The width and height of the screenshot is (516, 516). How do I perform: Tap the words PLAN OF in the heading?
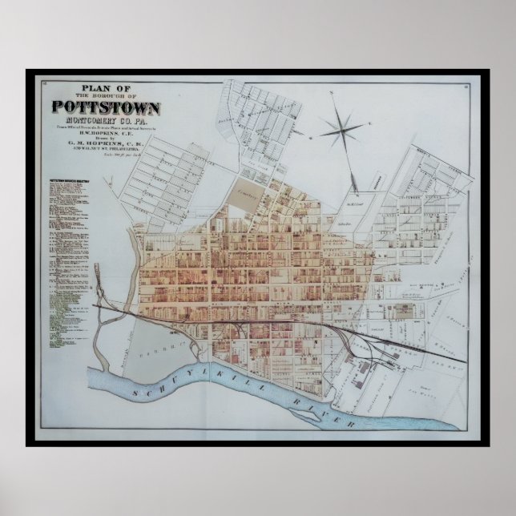(x=106, y=88)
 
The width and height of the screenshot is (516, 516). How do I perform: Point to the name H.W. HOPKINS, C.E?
(x=106, y=132)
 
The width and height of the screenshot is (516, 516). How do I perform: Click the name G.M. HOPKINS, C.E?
(x=106, y=144)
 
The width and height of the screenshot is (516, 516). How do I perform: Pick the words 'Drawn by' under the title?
(x=106, y=138)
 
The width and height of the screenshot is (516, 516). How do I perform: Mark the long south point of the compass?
(x=353, y=175)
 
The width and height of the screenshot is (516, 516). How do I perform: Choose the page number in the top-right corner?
(x=466, y=83)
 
